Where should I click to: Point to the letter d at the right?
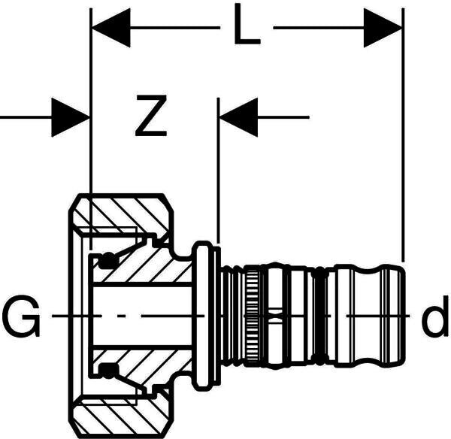tap(434, 319)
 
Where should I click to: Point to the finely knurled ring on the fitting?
tap(254, 316)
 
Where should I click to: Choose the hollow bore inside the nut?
tap(143, 316)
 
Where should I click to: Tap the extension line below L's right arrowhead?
tap(404, 150)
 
